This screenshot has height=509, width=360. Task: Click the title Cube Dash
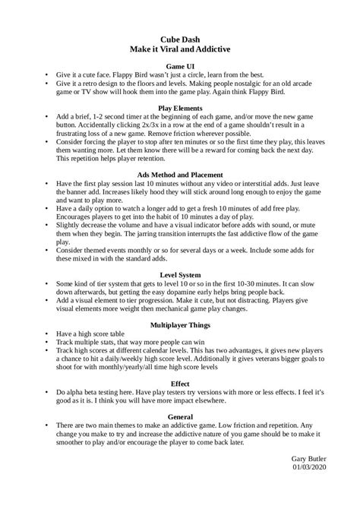pos(180,36)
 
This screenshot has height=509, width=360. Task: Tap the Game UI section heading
pos(180,66)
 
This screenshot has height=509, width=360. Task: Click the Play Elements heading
pos(180,108)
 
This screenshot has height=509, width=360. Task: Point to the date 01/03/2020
pos(317,488)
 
